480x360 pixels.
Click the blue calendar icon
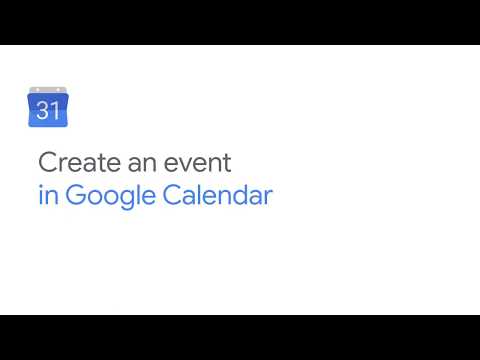(48, 108)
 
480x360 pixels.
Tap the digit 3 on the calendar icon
(43, 111)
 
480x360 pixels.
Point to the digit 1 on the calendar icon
(54, 111)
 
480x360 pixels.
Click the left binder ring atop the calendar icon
(37, 89)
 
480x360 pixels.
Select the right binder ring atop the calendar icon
(59, 89)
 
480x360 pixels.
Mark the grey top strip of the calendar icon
(48, 93)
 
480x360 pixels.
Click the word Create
(73, 161)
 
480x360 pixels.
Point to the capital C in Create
(46, 161)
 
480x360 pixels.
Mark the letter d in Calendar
(241, 194)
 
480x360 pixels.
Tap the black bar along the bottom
(240, 337)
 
